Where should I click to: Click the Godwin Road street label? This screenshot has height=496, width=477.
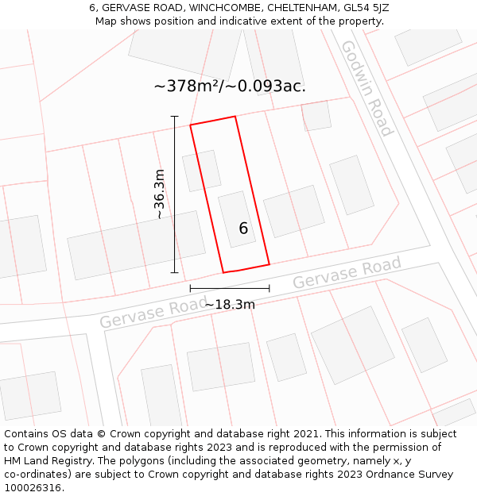pyautogui.click(x=366, y=88)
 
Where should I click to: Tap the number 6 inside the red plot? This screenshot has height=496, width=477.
pyautogui.click(x=243, y=229)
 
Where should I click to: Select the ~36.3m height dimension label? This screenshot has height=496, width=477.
pyautogui.click(x=160, y=194)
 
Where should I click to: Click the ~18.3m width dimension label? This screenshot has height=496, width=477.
pyautogui.click(x=230, y=304)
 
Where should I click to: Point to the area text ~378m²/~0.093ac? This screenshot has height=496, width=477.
pyautogui.click(x=230, y=86)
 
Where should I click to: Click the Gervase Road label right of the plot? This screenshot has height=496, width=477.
pyautogui.click(x=347, y=274)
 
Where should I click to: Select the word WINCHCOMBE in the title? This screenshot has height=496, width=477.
pyautogui.click(x=226, y=8)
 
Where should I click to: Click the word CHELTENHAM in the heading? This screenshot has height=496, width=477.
pyautogui.click(x=301, y=8)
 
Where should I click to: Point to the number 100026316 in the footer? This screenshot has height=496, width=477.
pyautogui.click(x=33, y=487)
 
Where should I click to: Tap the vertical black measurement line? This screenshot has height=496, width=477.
pyautogui.click(x=175, y=194)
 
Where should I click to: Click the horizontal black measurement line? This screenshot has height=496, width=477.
pyautogui.click(x=230, y=288)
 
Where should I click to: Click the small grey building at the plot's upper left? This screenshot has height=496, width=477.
pyautogui.click(x=201, y=171)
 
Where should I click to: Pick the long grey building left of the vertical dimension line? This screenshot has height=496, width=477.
pyautogui.click(x=136, y=244)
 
